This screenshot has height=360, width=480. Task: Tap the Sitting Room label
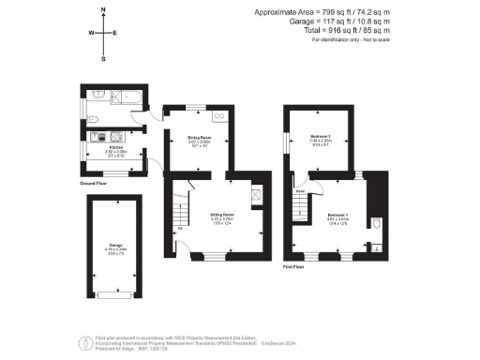click(x=221, y=215)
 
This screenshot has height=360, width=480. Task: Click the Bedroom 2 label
click(x=322, y=137)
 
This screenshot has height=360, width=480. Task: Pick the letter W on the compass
click(x=91, y=33)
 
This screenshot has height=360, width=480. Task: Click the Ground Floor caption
click(x=94, y=184)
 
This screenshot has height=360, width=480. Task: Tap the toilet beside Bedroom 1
click(x=374, y=223)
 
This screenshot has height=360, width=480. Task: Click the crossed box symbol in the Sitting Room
click(x=257, y=194)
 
